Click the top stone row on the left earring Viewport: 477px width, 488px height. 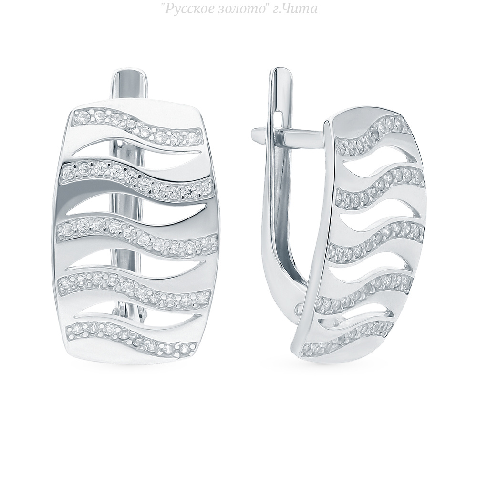pos(137,127)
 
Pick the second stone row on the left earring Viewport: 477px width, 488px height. pos(137,179)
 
